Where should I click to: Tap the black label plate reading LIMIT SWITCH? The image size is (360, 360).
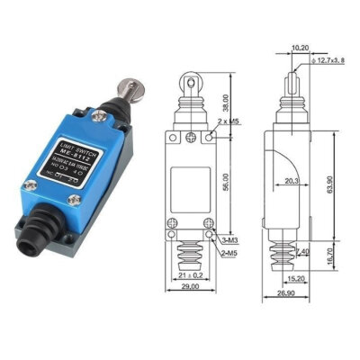(x=75, y=162)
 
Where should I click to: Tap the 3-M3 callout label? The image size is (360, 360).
(x=229, y=240)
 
